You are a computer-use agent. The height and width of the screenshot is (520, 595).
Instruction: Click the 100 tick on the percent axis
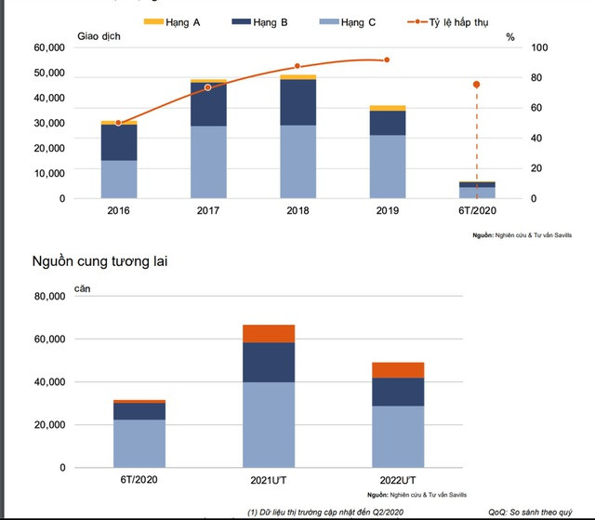pyautogui.click(x=514, y=47)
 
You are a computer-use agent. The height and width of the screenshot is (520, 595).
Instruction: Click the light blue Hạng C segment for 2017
pyautogui.click(x=208, y=162)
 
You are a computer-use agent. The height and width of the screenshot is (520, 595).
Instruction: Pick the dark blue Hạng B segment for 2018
pyautogui.click(x=298, y=102)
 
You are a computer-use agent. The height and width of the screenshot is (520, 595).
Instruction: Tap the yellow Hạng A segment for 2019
pyautogui.click(x=388, y=108)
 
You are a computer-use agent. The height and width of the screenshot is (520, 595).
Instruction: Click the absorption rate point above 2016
pyautogui.click(x=118, y=122)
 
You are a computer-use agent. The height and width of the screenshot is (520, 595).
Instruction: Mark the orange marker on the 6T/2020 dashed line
pyautogui.click(x=477, y=85)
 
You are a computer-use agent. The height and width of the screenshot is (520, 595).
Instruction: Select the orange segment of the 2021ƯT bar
pyautogui.click(x=269, y=333)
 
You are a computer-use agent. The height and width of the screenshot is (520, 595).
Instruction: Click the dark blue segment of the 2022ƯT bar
pyautogui.click(x=398, y=392)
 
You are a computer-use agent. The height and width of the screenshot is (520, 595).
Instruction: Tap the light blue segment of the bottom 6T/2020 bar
pyautogui.click(x=139, y=443)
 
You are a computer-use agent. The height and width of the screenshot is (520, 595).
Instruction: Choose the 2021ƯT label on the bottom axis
pyautogui.click(x=269, y=480)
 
